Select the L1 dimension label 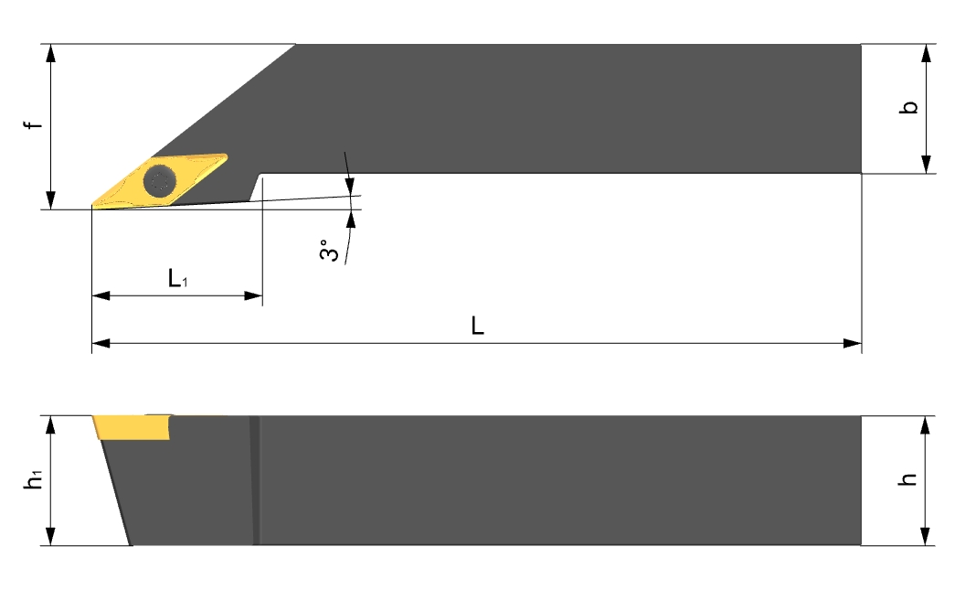pos(177,278)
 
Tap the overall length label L pos(477,326)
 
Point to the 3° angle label pos(329,250)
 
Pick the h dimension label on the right pos(908,479)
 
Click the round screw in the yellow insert pos(159,181)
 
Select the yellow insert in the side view pos(133,427)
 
